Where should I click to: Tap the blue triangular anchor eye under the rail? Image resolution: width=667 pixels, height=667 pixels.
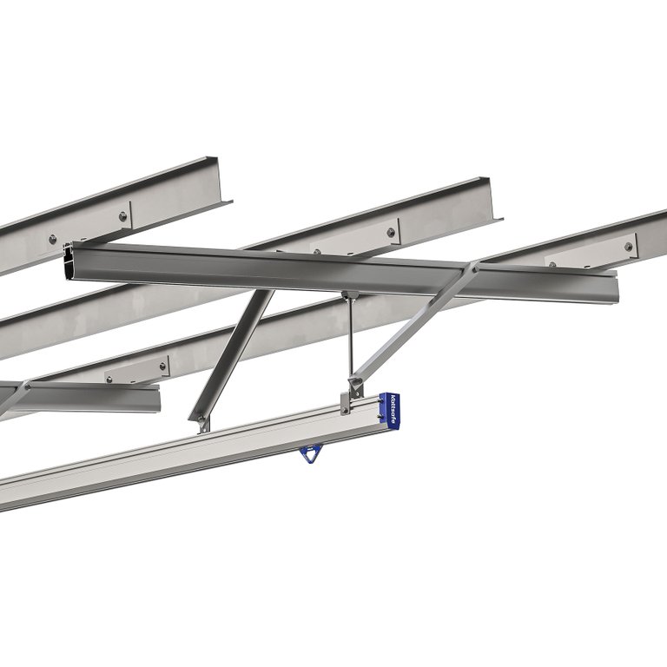coord(307,452)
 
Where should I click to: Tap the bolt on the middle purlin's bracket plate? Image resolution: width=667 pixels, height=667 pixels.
coord(391,232)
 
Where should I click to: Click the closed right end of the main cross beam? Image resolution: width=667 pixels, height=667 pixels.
coord(612,287)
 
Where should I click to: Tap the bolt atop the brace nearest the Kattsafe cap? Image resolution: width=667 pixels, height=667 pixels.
coord(473,269)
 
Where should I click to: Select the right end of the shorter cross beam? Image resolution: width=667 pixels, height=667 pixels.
coord(158,398)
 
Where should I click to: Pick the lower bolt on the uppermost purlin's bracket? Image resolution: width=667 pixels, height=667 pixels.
coord(53,239)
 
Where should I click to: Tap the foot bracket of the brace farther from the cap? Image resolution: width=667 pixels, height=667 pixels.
coord(203,424)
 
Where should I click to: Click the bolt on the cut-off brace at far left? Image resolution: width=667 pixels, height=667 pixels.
coord(27,385)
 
